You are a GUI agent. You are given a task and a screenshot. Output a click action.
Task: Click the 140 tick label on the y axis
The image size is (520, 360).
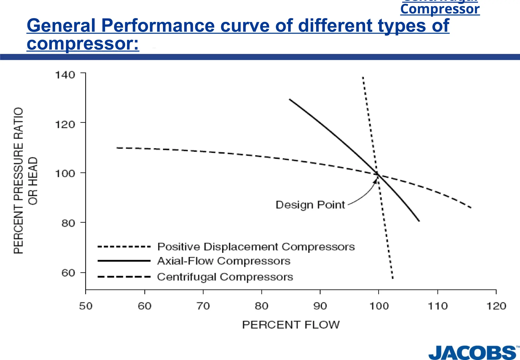65,75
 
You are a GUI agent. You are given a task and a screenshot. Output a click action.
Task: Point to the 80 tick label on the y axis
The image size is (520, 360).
68,223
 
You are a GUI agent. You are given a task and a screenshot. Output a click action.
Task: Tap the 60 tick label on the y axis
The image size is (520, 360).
68,273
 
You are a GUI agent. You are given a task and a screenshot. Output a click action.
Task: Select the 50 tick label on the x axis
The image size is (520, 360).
86,306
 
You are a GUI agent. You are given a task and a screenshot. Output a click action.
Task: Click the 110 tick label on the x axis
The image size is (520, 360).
437,306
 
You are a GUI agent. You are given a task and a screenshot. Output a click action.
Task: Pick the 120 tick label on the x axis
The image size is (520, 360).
496,306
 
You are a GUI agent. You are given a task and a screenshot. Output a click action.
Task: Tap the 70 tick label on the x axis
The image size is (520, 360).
203,306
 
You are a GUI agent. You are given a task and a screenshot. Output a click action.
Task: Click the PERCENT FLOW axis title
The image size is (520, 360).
291,325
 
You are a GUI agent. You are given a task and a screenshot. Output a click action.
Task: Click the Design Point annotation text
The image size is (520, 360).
310,205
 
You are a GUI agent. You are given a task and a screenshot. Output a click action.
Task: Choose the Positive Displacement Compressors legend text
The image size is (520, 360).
256,247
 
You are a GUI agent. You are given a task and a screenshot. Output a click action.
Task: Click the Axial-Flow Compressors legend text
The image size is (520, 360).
224,261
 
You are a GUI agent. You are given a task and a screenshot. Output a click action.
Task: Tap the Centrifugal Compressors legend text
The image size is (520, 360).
225,277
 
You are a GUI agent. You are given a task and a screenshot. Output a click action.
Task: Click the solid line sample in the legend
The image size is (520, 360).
124,261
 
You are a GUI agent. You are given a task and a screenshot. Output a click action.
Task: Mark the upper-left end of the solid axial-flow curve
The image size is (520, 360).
289,99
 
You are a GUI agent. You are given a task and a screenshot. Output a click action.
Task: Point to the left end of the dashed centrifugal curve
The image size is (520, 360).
117,148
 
